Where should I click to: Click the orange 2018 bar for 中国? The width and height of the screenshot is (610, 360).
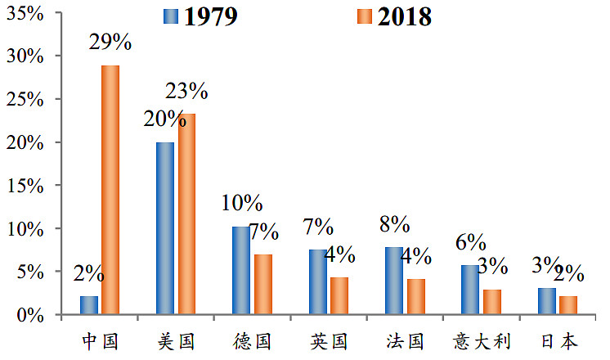(x=110, y=190)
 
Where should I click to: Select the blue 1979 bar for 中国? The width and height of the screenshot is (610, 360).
(x=89, y=305)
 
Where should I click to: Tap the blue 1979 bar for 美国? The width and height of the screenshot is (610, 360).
(x=165, y=228)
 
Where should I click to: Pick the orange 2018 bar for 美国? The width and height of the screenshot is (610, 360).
(x=186, y=214)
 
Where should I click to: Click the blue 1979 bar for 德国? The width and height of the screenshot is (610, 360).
(x=241, y=271)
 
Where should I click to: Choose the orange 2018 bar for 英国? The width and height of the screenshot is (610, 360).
(x=339, y=295)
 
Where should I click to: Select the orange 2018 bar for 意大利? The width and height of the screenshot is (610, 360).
(x=492, y=301)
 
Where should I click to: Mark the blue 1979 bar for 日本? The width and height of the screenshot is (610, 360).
(x=547, y=301)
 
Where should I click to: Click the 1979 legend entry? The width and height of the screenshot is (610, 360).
(x=200, y=17)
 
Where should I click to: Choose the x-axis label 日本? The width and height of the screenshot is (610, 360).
(x=558, y=340)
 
